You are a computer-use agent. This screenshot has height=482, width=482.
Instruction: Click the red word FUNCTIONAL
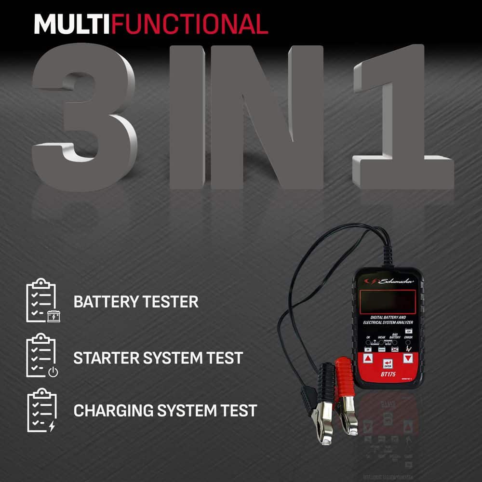189,24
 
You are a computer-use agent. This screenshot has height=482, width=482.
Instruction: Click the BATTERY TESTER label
135,302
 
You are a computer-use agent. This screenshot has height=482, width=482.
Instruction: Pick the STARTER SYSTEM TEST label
158,358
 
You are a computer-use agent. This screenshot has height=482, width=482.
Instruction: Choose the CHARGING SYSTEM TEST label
165,411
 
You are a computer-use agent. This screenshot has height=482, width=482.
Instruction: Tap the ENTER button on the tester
387,363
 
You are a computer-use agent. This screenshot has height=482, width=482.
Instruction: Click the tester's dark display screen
388,302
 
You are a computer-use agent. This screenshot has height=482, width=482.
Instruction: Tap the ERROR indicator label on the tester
408,338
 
